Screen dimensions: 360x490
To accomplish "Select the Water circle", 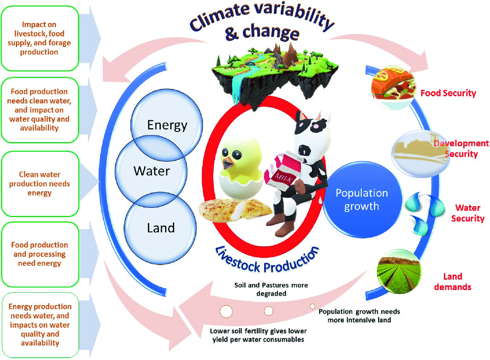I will (x=152, y=171).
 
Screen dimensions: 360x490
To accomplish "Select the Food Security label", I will (x=448, y=93).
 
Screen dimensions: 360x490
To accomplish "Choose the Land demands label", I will (x=457, y=282).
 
